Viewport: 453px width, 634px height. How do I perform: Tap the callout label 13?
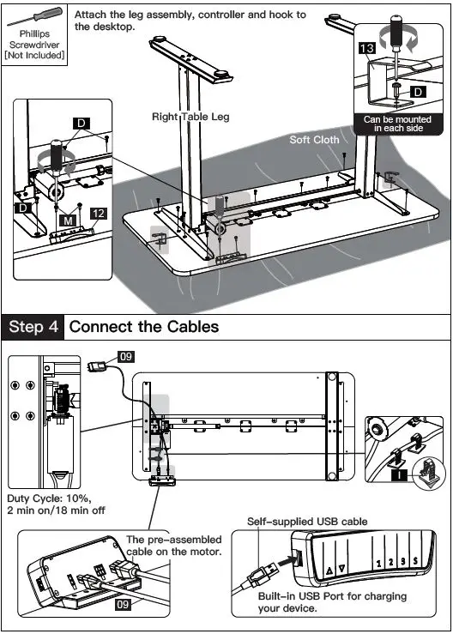(367, 49)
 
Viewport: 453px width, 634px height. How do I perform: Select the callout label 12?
(99, 214)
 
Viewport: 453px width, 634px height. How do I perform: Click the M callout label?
(68, 220)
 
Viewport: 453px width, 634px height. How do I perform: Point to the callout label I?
(400, 474)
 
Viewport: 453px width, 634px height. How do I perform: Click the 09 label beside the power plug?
(126, 356)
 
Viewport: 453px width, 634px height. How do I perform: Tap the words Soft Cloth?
(314, 140)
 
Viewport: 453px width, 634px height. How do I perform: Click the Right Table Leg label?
(190, 117)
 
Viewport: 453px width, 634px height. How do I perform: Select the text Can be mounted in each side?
(397, 124)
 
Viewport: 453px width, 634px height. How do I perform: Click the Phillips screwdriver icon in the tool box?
(35, 16)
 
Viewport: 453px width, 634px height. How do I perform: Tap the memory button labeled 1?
(378, 564)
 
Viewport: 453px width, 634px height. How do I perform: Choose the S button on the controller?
(415, 561)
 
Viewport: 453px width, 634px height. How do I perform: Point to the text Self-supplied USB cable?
(307, 522)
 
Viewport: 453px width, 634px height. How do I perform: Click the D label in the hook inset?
(418, 92)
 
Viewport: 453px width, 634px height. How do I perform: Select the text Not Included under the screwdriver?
(34, 55)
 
